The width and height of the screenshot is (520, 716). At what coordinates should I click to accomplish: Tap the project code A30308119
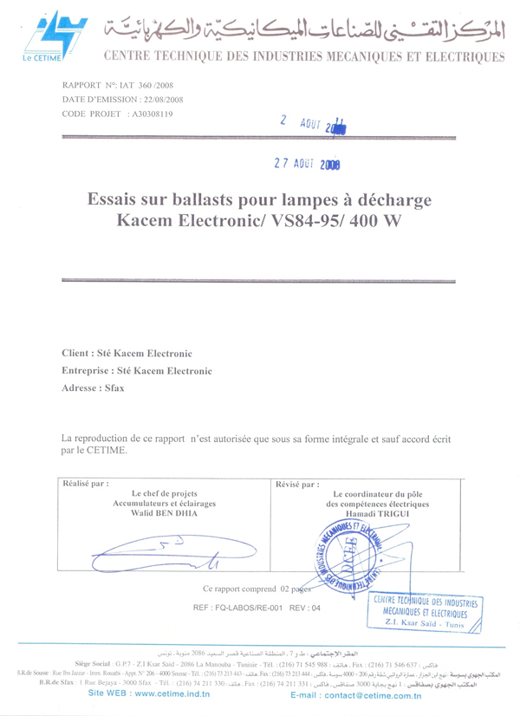[x=150, y=114]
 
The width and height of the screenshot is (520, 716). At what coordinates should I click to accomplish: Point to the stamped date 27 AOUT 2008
[x=307, y=162]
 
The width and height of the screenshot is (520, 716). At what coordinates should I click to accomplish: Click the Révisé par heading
[x=297, y=485]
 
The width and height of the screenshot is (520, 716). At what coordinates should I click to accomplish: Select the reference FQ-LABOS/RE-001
[x=253, y=608]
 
